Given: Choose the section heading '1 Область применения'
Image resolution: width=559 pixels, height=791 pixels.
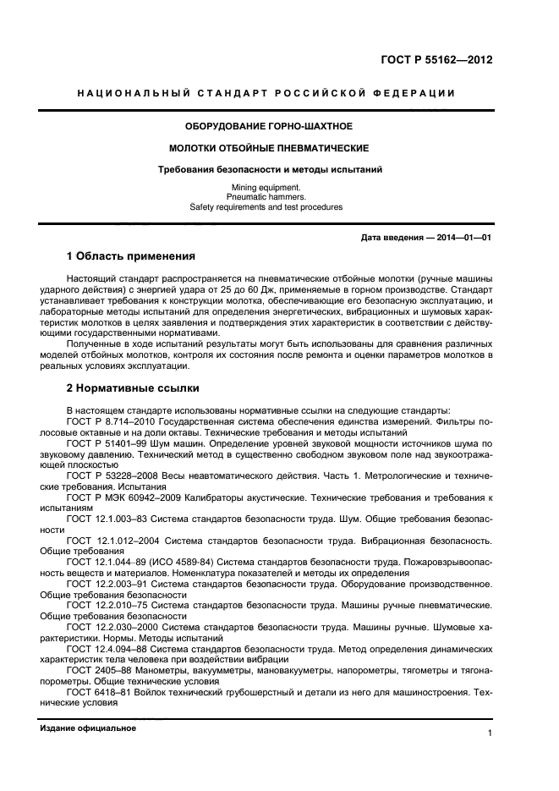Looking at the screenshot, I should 131,256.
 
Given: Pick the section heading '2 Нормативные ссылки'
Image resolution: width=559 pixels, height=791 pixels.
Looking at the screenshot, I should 133,388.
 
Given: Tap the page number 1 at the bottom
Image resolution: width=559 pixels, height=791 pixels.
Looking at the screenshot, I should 490,734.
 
